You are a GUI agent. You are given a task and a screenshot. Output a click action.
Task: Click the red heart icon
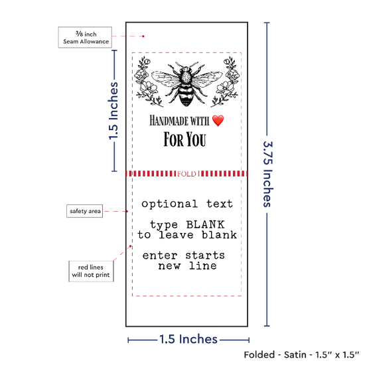point(218,121)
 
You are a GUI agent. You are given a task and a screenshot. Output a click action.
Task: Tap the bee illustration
point(187,84)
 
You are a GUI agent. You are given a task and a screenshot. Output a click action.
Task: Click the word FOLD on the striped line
point(186,174)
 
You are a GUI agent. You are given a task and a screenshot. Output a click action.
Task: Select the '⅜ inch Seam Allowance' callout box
point(85,37)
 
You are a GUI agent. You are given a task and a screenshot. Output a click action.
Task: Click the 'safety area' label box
point(85,211)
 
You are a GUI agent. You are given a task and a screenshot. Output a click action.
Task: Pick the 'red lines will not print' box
point(91,271)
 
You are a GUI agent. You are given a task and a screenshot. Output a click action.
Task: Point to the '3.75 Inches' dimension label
point(267,174)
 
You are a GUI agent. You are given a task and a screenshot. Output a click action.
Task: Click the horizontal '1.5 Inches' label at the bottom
point(188,339)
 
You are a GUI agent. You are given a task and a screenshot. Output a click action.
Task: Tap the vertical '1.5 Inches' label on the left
point(113,111)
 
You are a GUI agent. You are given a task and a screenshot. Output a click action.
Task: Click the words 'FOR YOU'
point(185,139)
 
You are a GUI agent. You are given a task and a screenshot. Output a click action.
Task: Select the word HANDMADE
point(169,121)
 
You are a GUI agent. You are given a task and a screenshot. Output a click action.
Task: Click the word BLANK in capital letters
point(205,224)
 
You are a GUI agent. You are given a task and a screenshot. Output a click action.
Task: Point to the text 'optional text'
point(187,204)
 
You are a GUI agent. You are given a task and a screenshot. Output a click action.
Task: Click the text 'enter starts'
point(184,256)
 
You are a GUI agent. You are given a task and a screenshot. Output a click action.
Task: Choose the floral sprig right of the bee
point(225,82)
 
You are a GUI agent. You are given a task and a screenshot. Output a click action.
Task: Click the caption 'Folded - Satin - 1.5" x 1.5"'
point(301,355)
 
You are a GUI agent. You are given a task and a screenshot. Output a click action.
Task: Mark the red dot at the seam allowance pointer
point(143,36)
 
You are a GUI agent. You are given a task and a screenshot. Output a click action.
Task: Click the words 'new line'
point(187,266)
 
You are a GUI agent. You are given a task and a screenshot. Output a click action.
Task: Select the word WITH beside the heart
point(200,121)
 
